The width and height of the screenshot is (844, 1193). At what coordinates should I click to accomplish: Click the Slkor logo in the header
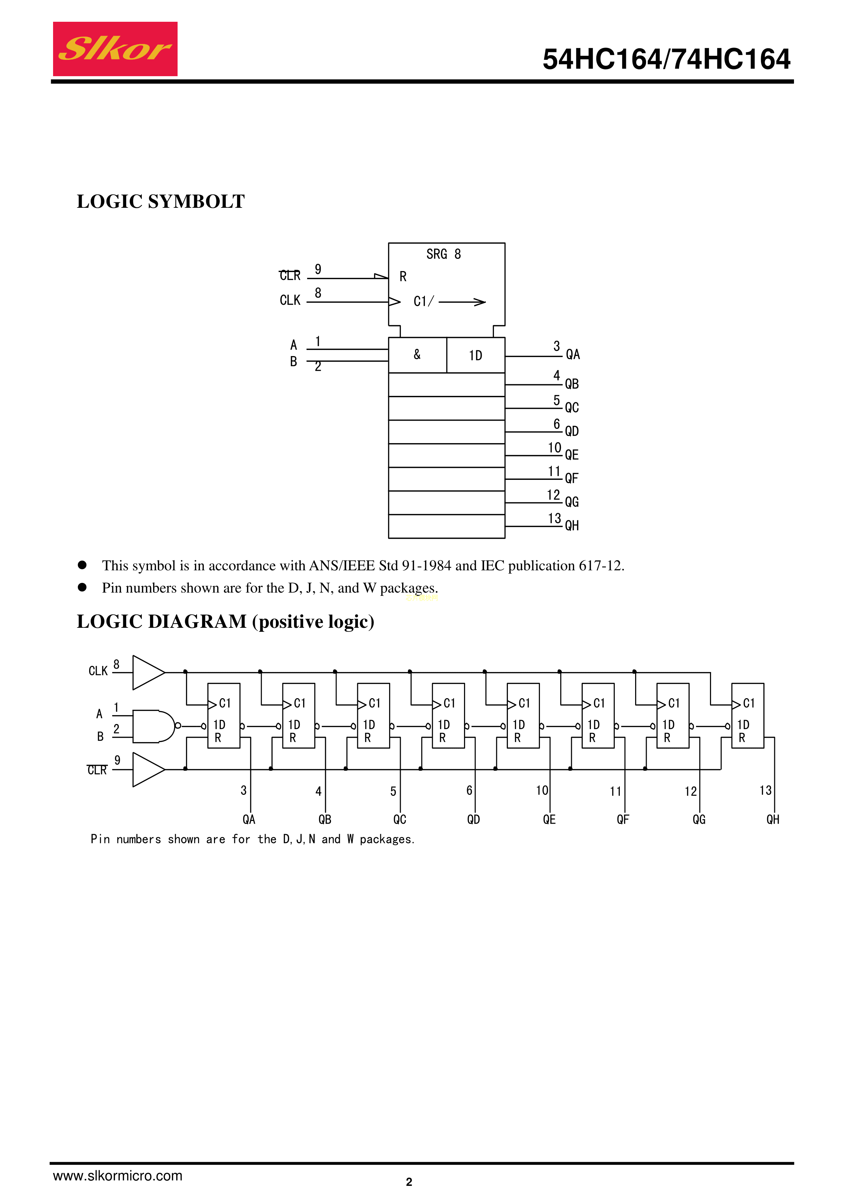pos(115,49)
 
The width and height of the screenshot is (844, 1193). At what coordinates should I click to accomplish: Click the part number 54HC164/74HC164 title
pos(666,59)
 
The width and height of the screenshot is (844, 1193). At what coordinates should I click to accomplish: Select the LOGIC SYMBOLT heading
pos(161,202)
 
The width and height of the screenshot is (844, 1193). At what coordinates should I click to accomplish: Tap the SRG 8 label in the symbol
pos(443,254)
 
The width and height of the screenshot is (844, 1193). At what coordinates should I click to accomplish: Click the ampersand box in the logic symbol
pos(417,355)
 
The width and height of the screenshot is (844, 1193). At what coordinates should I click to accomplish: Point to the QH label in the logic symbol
pos(572,525)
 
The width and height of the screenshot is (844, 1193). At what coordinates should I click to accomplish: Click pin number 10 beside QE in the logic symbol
pos(555,448)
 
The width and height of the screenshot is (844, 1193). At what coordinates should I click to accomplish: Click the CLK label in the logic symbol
pos(290,300)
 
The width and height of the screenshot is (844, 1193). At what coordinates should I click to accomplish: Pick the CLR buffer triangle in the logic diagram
pos(147,770)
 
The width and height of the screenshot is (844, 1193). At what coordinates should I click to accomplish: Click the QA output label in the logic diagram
pos(249,819)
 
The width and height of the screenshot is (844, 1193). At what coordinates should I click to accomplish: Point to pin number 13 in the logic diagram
pos(765,790)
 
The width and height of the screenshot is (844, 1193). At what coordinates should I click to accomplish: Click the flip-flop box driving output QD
pos(448,716)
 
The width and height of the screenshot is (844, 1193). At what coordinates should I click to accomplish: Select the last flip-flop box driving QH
pos(747,716)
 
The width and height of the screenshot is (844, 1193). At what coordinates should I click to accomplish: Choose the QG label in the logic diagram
pos(699,819)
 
